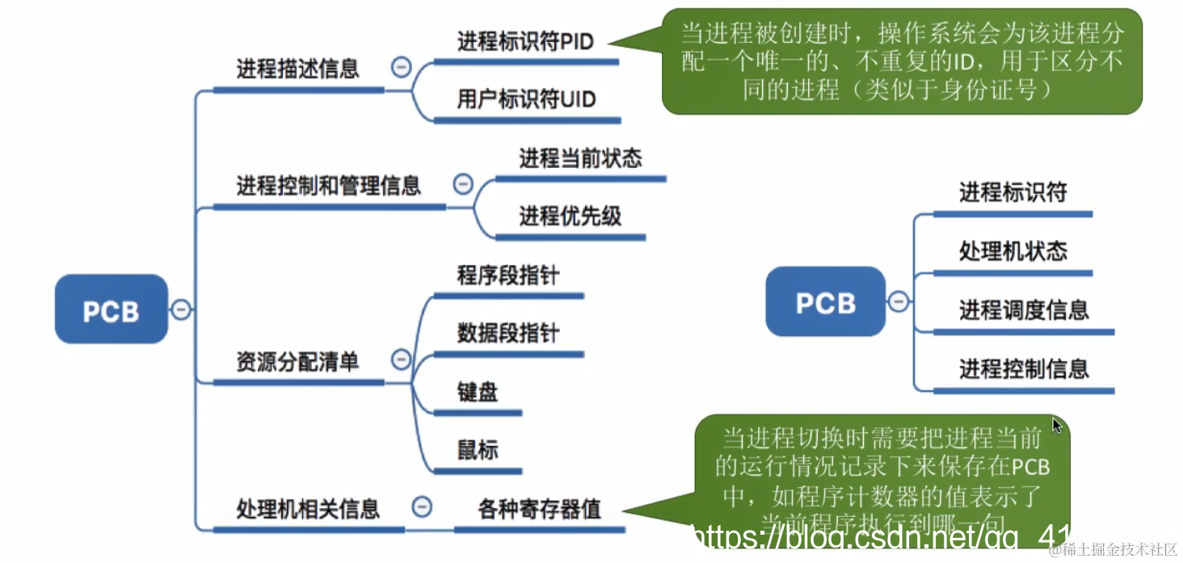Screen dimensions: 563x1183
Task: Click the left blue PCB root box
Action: [112, 310]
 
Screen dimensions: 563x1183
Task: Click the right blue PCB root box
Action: [825, 302]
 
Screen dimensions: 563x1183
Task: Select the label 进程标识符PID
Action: [525, 41]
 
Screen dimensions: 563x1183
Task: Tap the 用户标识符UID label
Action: [526, 99]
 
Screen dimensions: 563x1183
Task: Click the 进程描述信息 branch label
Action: [297, 69]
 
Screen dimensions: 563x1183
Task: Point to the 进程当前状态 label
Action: [580, 158]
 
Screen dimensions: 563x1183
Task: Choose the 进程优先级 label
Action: [570, 216]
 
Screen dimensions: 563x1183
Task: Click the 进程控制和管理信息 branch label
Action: [328, 186]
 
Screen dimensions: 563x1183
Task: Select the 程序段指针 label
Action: [507, 275]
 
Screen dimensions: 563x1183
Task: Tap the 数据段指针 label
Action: [507, 333]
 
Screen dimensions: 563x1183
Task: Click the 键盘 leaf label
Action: [477, 393]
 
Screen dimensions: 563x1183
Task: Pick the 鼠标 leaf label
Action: [477, 450]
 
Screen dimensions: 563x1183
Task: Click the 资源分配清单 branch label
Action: [297, 362]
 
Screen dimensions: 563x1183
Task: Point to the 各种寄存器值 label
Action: [539, 509]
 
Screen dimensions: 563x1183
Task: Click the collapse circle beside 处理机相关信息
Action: [421, 507]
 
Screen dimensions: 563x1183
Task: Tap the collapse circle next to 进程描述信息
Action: [401, 67]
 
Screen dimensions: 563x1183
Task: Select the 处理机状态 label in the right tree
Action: [1012, 251]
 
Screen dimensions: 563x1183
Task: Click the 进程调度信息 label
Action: [1024, 310]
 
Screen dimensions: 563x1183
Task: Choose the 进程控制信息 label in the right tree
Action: [1024, 369]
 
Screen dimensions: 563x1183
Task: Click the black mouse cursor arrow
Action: [1057, 425]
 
